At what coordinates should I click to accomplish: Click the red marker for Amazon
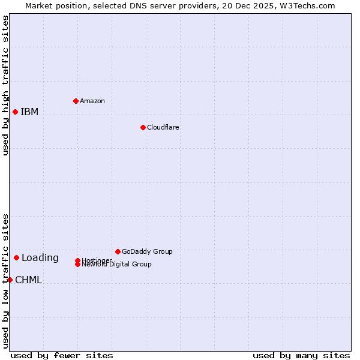click(x=76, y=101)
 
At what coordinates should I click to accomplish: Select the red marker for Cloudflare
click(x=143, y=127)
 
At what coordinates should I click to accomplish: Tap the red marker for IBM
click(x=15, y=112)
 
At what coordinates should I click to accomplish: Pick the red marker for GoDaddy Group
click(x=118, y=251)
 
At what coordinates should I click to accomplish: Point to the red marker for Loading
click(x=16, y=257)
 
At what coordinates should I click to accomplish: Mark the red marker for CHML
click(x=10, y=280)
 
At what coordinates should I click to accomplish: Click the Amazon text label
click(x=92, y=101)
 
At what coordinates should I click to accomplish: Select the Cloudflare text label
click(x=163, y=127)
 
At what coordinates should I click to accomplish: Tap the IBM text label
click(x=29, y=112)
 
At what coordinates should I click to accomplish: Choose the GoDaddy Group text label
click(x=147, y=251)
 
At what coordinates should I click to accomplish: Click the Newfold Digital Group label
click(x=117, y=265)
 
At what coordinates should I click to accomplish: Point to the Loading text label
click(x=40, y=258)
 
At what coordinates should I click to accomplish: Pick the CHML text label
click(x=29, y=280)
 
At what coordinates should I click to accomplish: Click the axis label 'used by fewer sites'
click(x=62, y=355)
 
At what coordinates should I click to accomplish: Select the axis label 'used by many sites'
click(x=301, y=355)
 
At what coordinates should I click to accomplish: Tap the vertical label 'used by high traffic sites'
click(x=5, y=85)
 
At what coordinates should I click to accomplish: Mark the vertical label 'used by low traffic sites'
click(x=5, y=280)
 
